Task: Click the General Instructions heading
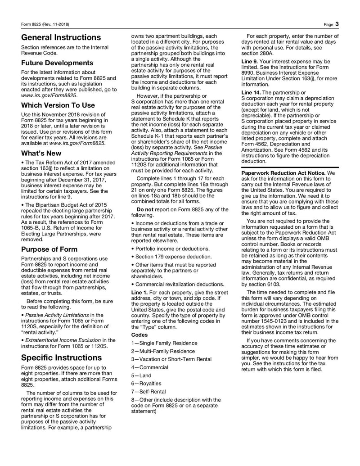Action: coord(61,37)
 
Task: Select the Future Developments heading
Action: coord(57,63)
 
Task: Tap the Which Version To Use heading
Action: coord(58,105)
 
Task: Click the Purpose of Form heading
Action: coord(49,249)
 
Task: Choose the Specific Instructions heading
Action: coord(62,357)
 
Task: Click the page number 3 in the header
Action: coord(337,23)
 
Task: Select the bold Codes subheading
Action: coord(139,335)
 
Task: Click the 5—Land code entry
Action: coord(141,376)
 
